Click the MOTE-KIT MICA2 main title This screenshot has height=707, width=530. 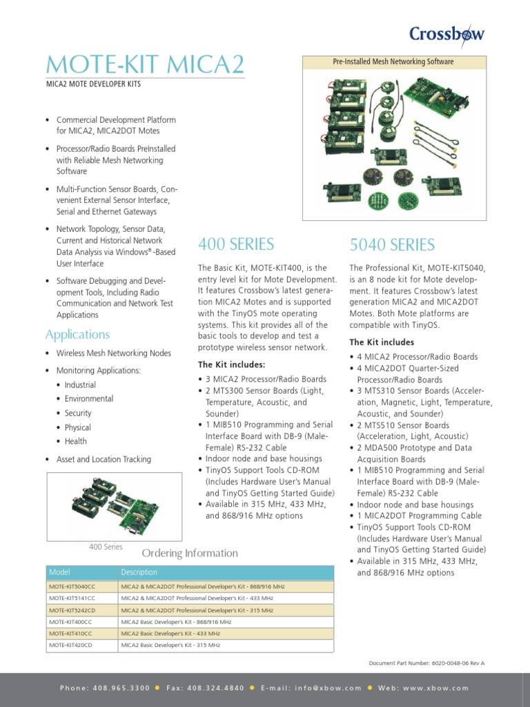(x=145, y=65)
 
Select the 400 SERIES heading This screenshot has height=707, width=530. (x=236, y=244)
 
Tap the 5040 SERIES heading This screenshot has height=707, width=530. (x=392, y=244)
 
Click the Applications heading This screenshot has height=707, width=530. (x=77, y=334)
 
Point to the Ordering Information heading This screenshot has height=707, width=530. (x=190, y=553)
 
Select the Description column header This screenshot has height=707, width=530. (x=139, y=572)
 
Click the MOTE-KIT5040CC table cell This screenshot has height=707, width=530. (x=72, y=586)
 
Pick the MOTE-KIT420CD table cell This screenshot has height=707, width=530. (x=70, y=645)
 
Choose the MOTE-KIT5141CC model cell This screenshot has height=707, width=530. (x=72, y=598)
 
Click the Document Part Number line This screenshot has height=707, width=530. (x=426, y=663)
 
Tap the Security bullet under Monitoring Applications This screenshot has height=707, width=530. (x=78, y=413)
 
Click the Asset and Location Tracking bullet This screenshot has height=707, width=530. (x=104, y=459)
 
